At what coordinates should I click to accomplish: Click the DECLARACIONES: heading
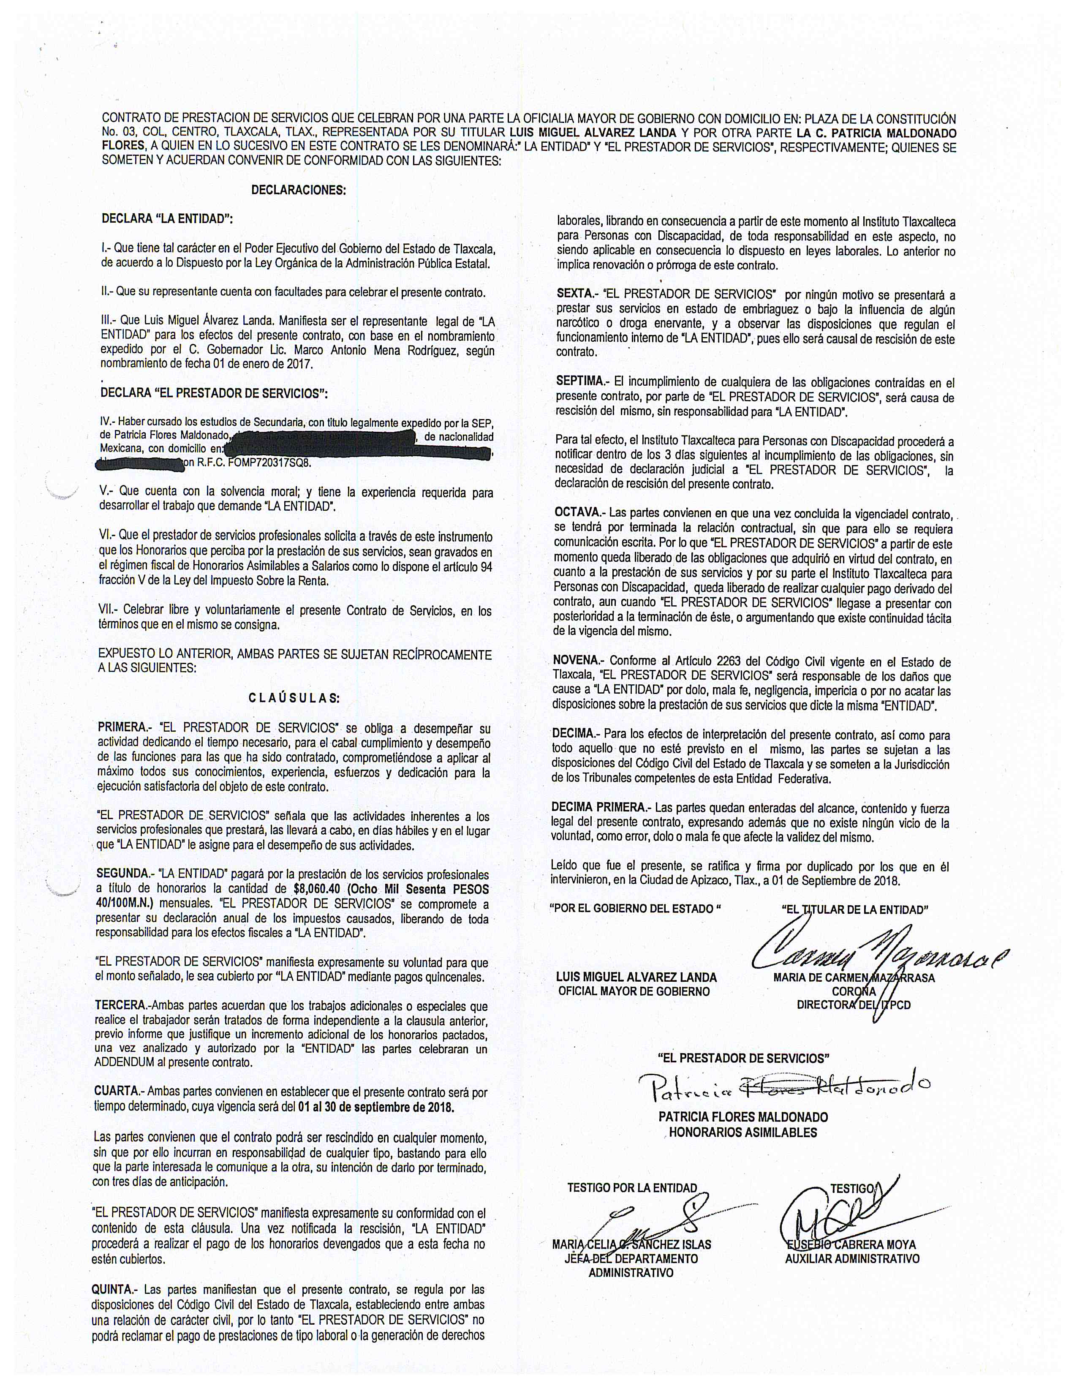click(x=299, y=190)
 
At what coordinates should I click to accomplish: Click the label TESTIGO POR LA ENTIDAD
click(x=632, y=1188)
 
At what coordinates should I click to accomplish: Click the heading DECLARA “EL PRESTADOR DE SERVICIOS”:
click(x=215, y=393)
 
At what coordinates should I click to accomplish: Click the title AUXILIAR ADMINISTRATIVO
click(x=852, y=1259)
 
